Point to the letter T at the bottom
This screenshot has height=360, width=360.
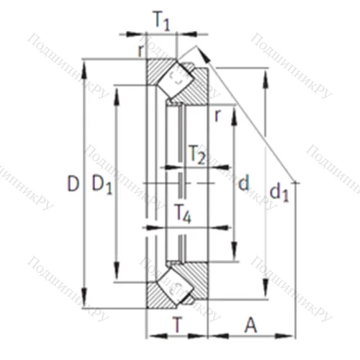177,325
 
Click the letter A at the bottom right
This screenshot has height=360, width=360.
251,325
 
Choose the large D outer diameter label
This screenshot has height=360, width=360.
72,184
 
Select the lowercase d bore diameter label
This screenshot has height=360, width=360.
243,184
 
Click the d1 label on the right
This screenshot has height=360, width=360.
278,192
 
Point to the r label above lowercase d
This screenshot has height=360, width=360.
216,114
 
